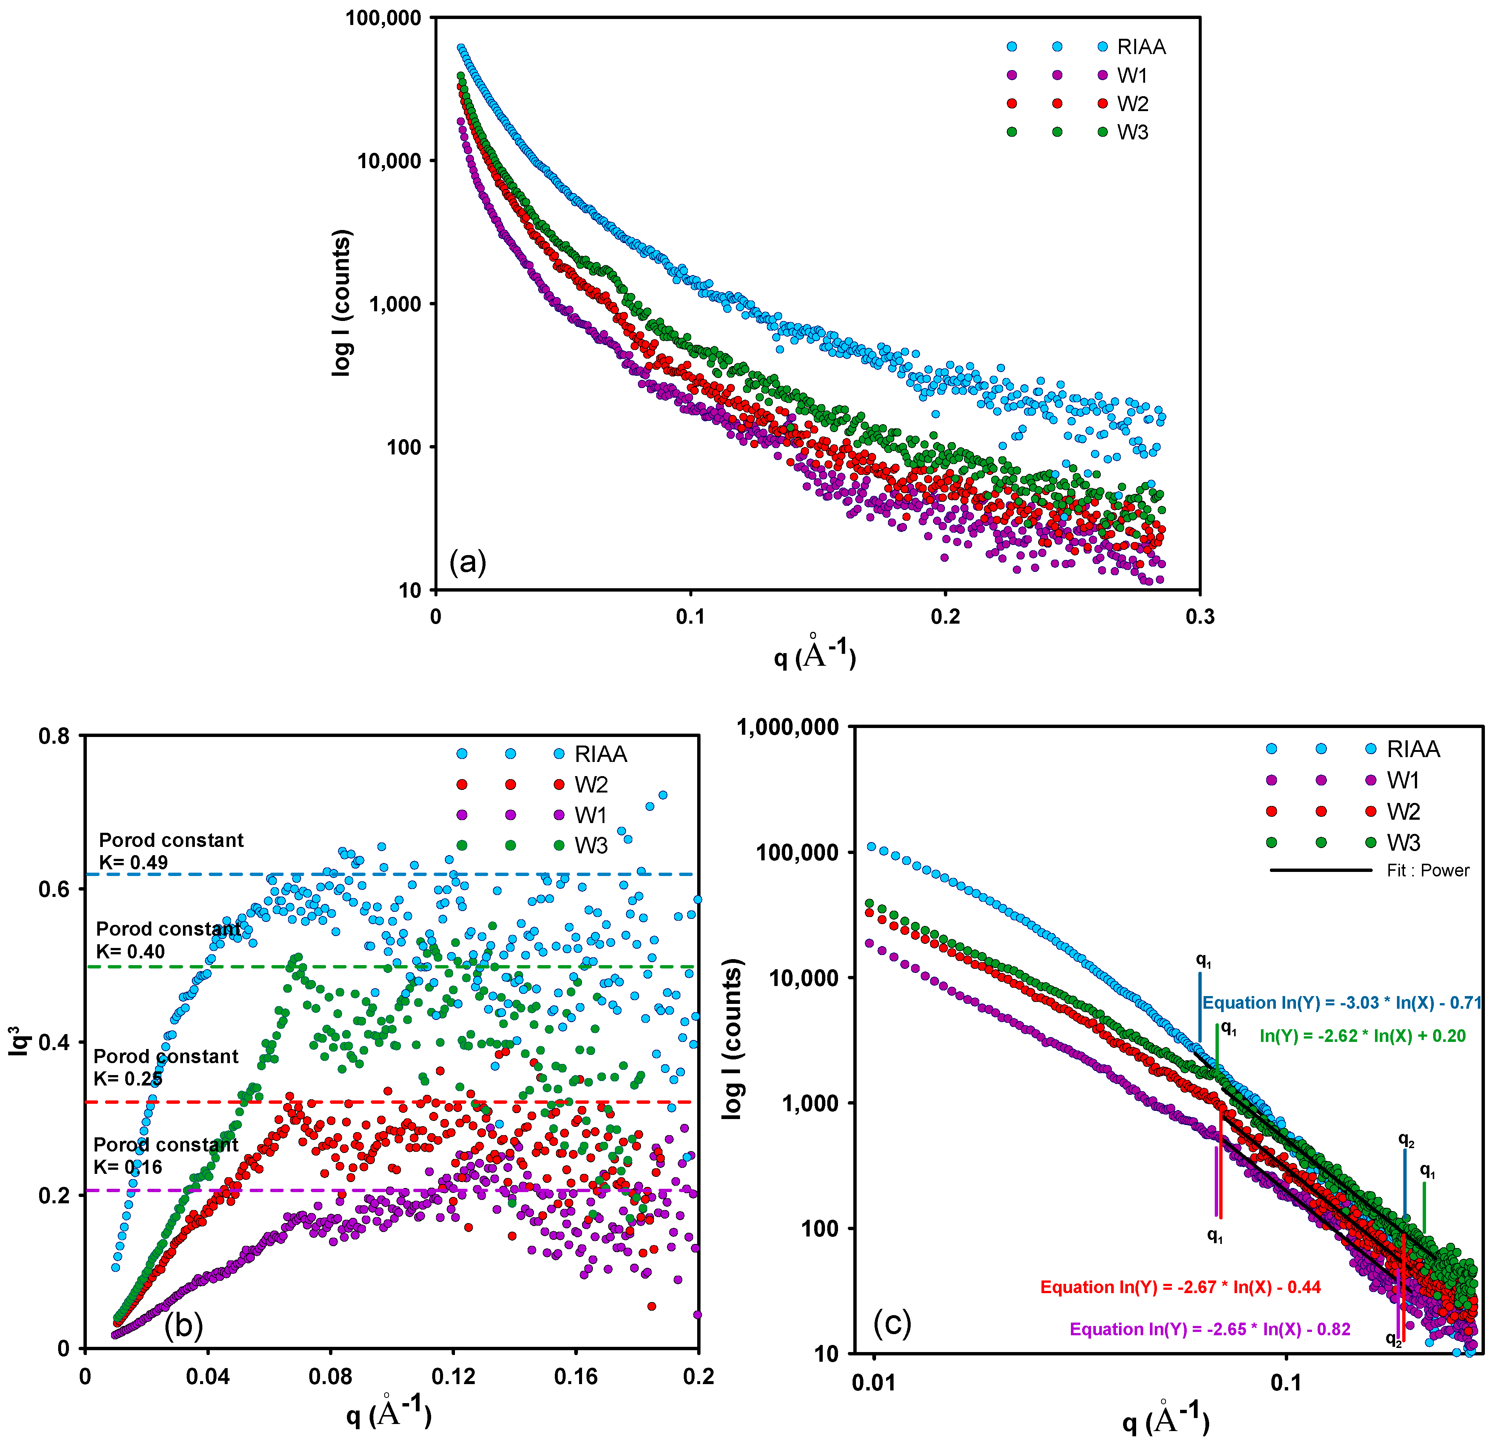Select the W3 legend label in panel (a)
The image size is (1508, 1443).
click(x=1132, y=132)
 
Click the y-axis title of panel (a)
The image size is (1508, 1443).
click(x=341, y=302)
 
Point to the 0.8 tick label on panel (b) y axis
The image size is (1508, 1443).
click(x=54, y=736)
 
